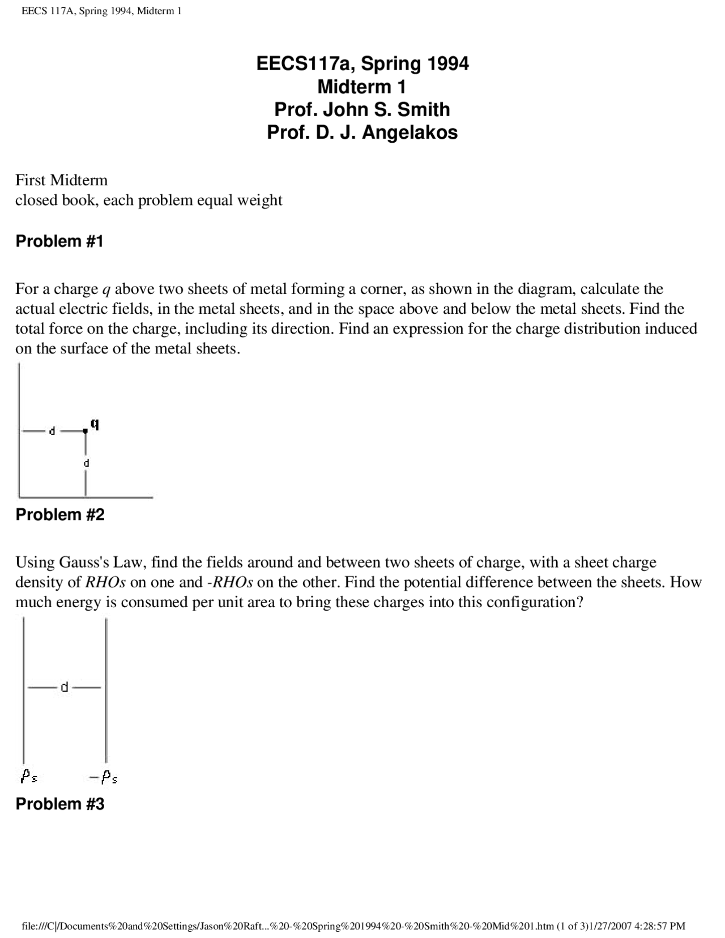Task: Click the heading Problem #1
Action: tap(59, 241)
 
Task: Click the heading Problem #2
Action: tap(60, 515)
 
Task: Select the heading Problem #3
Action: tap(60, 804)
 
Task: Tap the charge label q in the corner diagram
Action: tap(95, 424)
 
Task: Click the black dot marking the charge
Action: tap(86, 431)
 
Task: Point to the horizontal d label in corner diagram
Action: tap(52, 431)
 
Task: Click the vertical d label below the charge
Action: tap(87, 463)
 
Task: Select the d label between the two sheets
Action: tap(65, 687)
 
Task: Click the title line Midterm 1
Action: tap(362, 87)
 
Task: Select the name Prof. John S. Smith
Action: tap(362, 109)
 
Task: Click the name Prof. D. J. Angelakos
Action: tap(362, 133)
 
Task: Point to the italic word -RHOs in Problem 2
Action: tap(229, 582)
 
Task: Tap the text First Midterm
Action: tap(61, 180)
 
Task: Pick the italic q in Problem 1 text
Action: tap(105, 289)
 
